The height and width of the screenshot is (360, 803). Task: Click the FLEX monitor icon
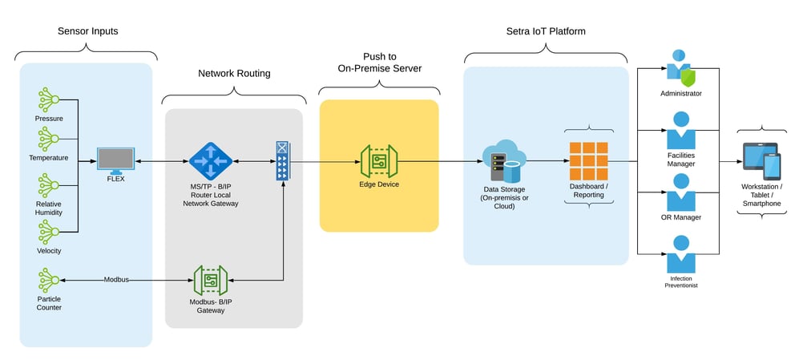[x=115, y=160]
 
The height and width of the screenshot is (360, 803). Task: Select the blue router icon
[x=210, y=162]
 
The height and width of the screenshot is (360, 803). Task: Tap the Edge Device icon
[x=378, y=162]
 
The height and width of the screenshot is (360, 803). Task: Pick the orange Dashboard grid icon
[x=588, y=161]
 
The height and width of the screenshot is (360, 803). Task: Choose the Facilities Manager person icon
[x=680, y=131]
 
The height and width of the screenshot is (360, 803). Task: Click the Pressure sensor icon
[x=48, y=100]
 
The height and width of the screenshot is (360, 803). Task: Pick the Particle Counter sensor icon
[x=48, y=280]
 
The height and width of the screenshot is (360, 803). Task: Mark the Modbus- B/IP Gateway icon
[x=210, y=280]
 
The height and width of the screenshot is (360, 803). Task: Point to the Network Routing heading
[x=234, y=74]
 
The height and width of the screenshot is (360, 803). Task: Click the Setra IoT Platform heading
[x=545, y=32]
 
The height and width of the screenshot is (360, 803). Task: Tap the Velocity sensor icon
[x=48, y=233]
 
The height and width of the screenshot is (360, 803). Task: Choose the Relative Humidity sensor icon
[x=48, y=185]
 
